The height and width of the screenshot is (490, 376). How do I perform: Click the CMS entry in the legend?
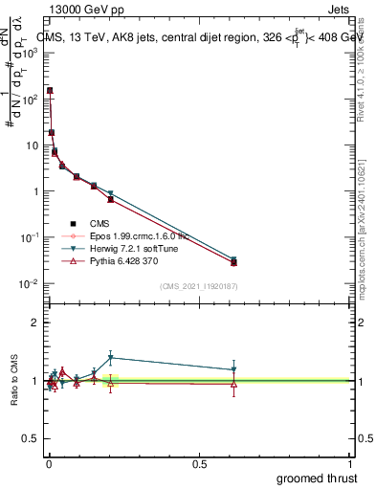[114, 222]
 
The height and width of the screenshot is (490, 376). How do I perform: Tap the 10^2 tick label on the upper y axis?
[27, 99]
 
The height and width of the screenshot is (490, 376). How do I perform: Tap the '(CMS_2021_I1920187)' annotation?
[199, 285]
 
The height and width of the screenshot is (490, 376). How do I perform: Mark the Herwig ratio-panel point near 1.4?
[111, 358]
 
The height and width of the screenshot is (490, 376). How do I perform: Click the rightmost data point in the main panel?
[233, 261]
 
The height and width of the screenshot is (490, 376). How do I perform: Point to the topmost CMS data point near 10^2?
[50, 90]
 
